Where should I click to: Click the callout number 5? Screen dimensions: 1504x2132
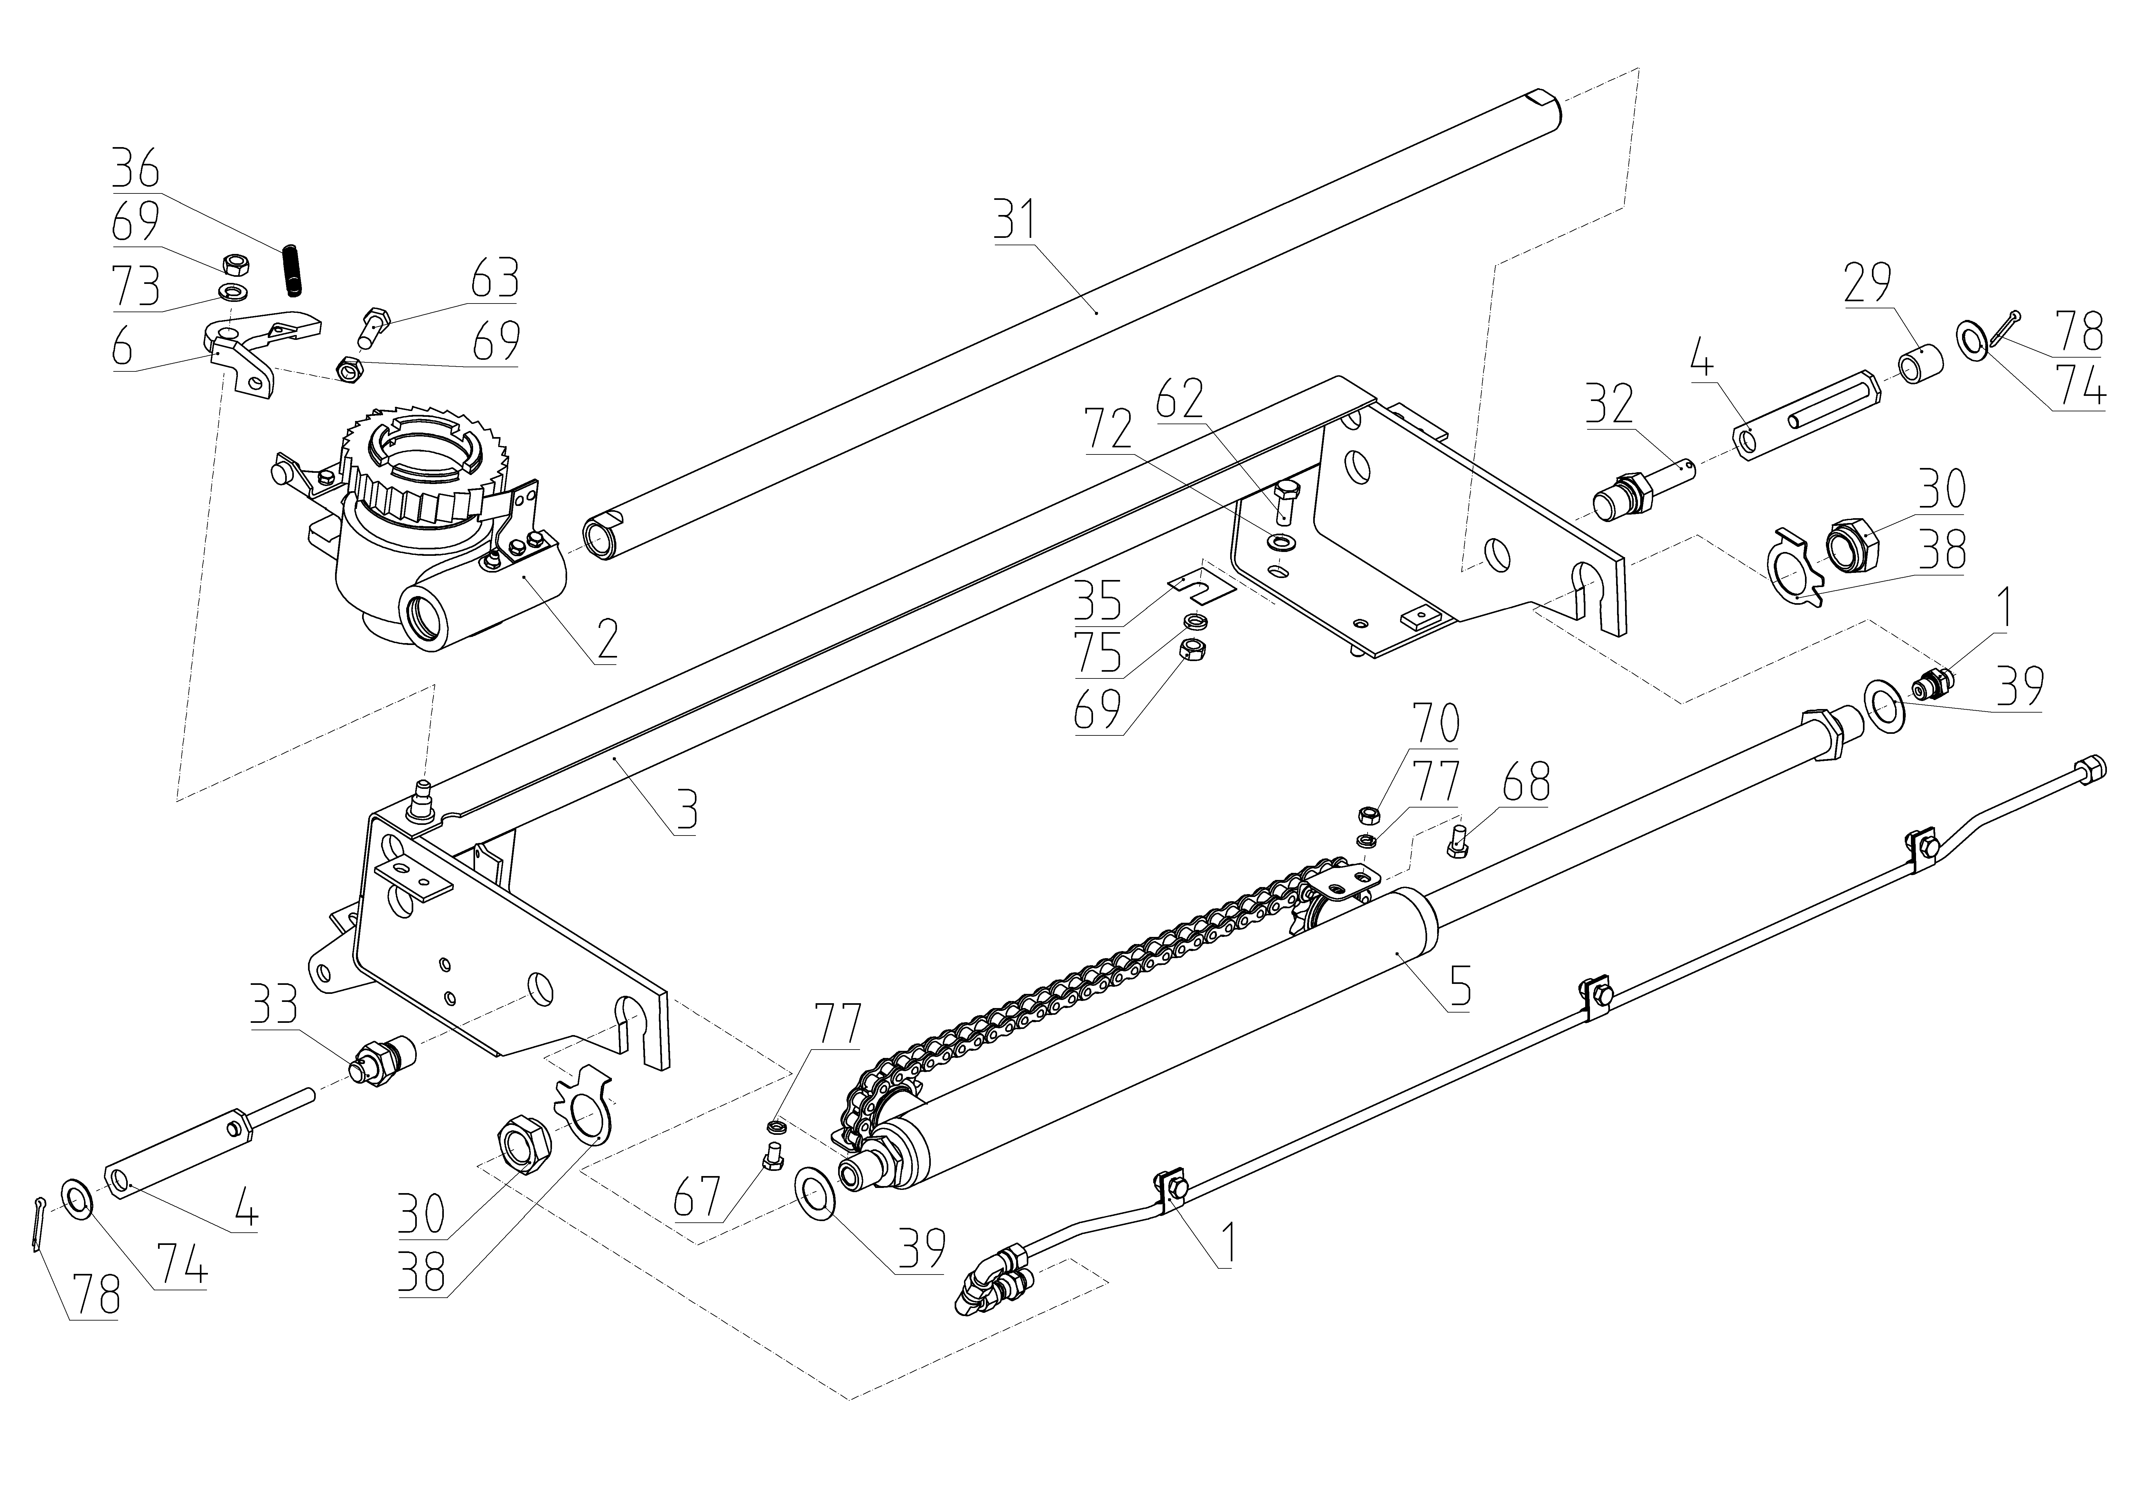click(1460, 987)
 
